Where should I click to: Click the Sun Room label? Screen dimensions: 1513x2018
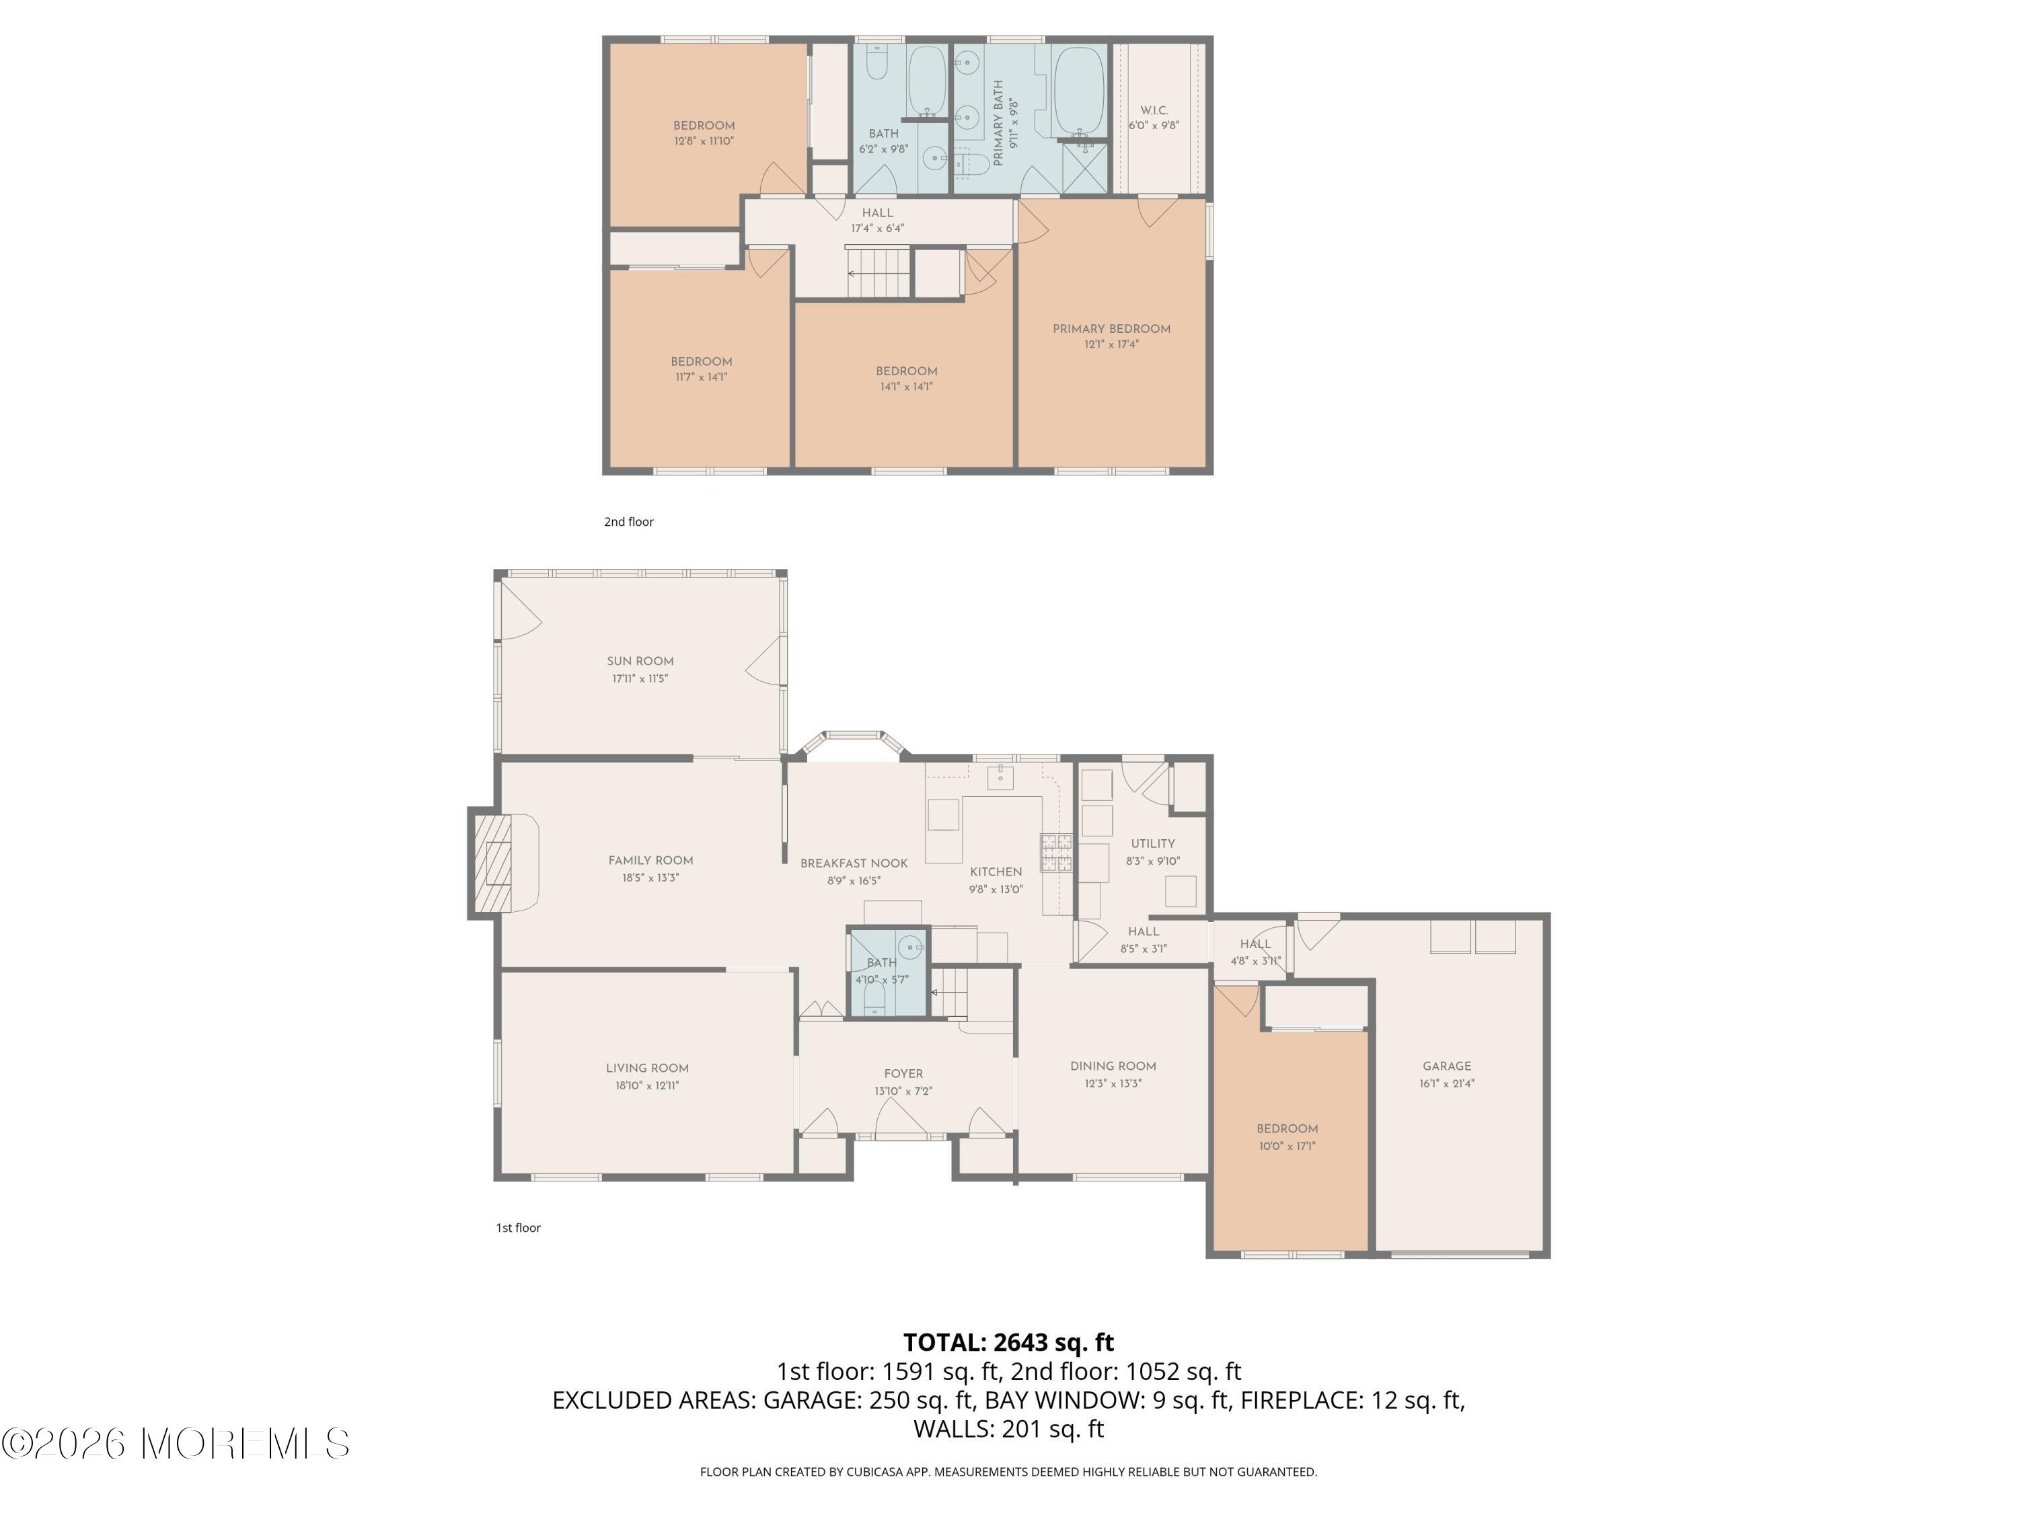click(640, 661)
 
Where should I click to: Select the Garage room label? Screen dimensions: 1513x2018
click(1446, 1065)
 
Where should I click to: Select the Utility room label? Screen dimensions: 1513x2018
click(1152, 844)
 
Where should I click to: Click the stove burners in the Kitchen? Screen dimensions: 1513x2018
click(1057, 853)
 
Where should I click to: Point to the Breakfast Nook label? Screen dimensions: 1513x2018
click(853, 863)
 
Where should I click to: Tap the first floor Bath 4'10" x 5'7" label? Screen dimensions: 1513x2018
click(881, 963)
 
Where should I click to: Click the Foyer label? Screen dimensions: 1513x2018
click(903, 1073)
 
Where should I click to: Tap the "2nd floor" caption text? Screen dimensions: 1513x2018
click(628, 522)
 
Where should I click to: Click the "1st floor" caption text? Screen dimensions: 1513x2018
click(518, 1227)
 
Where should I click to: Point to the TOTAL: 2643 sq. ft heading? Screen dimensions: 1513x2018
click(1008, 1342)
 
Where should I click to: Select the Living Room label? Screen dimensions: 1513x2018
click(647, 1068)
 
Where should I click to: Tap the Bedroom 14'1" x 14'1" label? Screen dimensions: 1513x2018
click(906, 371)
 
